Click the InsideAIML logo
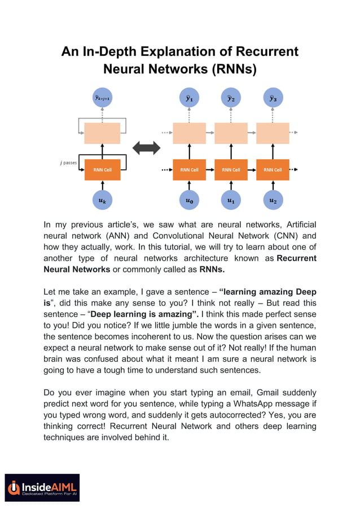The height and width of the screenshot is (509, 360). point(43,487)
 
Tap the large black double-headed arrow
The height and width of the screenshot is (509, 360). point(146,148)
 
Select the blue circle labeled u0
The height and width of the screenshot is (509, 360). point(189,200)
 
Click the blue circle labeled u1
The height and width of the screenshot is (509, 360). point(231,200)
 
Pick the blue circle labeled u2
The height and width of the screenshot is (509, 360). point(273,200)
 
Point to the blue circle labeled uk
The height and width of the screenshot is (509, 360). point(102,200)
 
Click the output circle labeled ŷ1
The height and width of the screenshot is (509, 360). point(189,98)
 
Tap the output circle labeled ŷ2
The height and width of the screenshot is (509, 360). point(231,98)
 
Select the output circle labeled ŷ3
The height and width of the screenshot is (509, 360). point(273,98)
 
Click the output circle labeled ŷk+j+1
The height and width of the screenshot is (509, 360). point(102,98)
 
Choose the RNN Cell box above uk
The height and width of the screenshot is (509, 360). point(102,169)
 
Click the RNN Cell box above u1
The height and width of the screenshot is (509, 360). point(231,169)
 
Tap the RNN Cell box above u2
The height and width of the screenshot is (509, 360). point(273,169)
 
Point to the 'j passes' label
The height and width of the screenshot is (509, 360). point(68,163)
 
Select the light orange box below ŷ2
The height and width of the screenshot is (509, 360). point(231,133)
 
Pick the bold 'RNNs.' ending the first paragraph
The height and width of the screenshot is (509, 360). point(213,269)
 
